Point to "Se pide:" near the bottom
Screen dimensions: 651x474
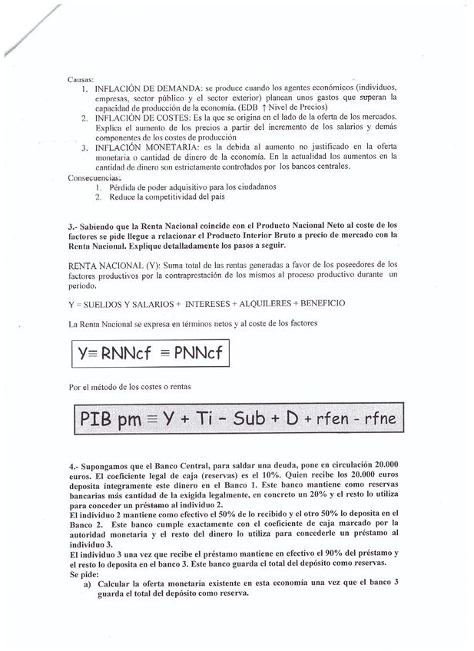[x=84, y=573]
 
